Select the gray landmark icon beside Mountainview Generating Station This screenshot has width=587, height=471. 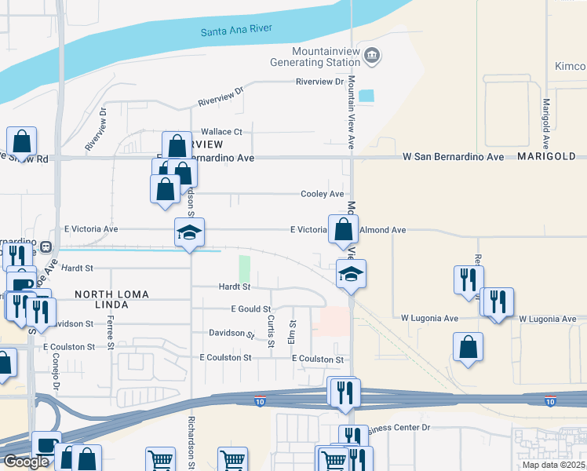point(373,55)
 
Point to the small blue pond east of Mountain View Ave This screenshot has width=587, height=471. point(366,96)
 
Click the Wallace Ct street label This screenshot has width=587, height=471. point(222,132)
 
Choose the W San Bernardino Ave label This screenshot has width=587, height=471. point(453,157)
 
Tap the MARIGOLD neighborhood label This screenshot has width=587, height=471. point(546,157)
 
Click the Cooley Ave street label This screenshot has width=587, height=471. point(323,194)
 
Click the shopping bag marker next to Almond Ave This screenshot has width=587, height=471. point(343,229)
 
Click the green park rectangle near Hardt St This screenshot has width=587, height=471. point(245,268)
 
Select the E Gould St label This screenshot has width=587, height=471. point(250,309)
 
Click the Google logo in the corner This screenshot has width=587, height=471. point(26,462)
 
